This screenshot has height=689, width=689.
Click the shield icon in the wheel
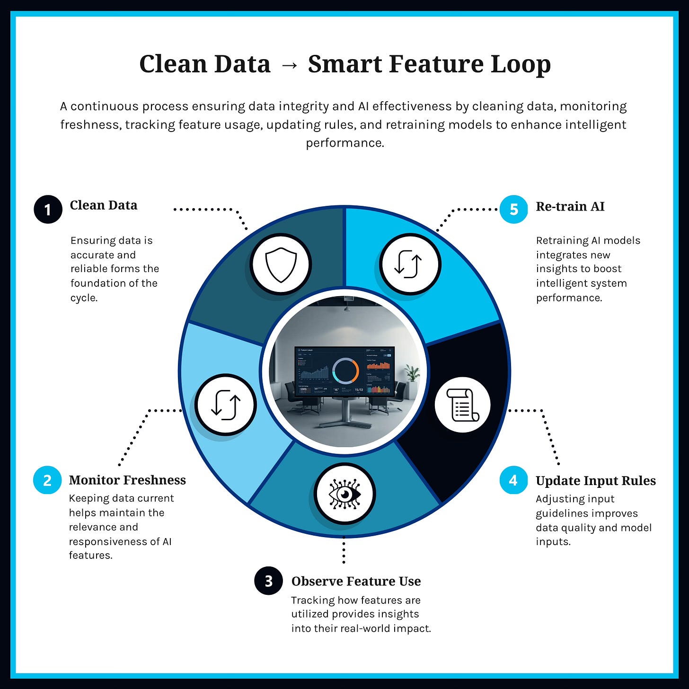point(281,264)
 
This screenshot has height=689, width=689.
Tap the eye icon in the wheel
point(345,494)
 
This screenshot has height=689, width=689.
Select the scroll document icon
point(462,405)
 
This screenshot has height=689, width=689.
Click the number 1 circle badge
point(48,209)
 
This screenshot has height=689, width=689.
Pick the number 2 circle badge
point(47,480)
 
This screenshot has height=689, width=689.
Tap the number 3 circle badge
point(268,581)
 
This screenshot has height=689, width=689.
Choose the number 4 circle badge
point(513,480)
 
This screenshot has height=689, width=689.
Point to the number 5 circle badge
point(514,209)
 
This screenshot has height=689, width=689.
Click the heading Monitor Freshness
point(127,480)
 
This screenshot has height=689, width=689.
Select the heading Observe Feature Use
point(356,581)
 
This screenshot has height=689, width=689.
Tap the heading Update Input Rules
point(595,481)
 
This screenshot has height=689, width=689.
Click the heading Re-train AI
point(570,206)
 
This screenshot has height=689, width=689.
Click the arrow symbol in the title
point(289,65)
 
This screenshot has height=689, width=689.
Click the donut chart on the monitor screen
point(345,371)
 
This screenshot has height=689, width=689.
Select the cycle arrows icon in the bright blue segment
point(408,264)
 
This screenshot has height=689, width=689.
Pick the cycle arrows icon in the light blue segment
point(226,405)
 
